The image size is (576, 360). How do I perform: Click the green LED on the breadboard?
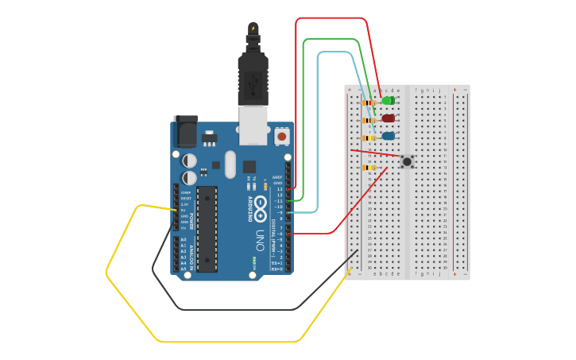click(388, 100)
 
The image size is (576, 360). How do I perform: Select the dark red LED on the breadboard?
click(388, 118)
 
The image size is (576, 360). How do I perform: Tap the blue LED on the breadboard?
click(388, 136)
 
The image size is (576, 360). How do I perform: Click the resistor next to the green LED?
click(369, 103)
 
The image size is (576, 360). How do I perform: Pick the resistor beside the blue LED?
click(369, 137)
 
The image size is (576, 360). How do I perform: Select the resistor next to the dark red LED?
click(369, 120)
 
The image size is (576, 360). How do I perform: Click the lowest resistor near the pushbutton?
click(369, 168)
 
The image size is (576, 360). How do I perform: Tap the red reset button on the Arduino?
click(281, 137)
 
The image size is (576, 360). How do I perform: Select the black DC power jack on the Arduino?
click(185, 131)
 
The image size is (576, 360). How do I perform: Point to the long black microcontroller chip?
click(207, 229)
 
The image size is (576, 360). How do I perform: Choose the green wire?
click(303, 119)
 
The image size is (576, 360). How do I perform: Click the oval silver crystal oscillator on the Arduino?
click(230, 165)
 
